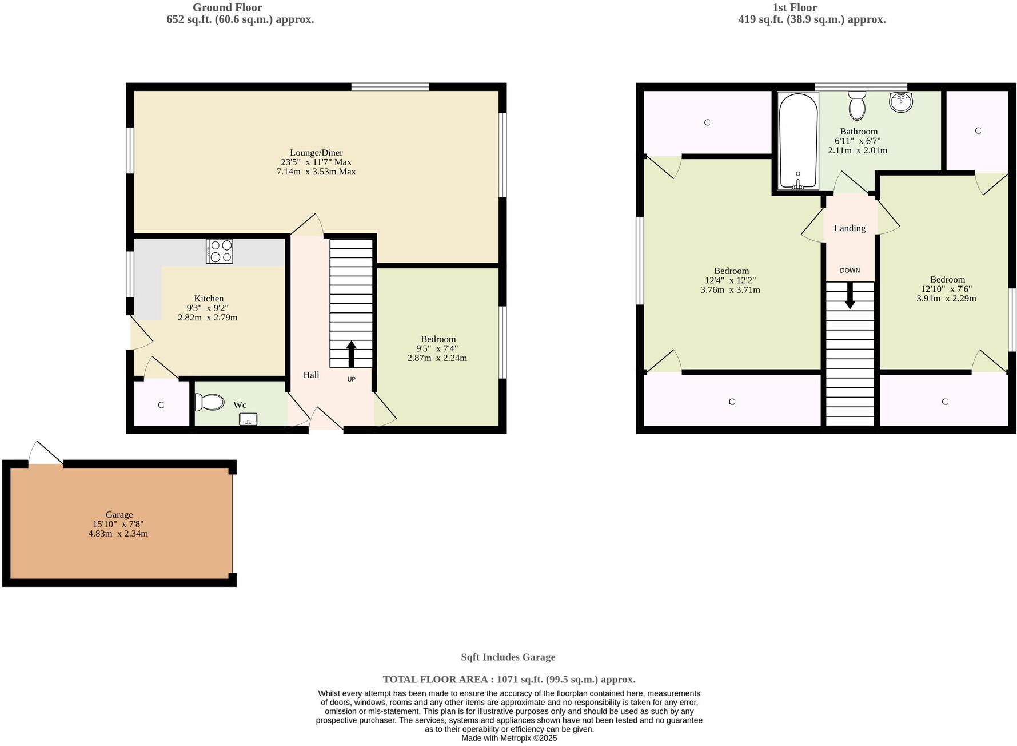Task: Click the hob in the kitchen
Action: click(x=220, y=251)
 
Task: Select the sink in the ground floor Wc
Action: click(x=248, y=419)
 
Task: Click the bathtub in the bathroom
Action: click(x=798, y=140)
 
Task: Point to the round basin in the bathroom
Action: click(x=901, y=101)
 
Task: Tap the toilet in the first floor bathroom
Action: click(x=857, y=106)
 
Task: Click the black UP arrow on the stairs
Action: click(x=351, y=354)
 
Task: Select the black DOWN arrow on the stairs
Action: click(x=850, y=295)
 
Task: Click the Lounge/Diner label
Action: click(x=316, y=153)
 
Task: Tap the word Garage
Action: click(x=119, y=515)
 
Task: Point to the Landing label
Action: click(x=850, y=228)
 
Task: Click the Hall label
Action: click(x=311, y=375)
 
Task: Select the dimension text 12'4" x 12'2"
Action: click(x=731, y=280)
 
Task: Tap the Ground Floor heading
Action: click(x=227, y=7)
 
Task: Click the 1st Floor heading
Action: click(x=795, y=7)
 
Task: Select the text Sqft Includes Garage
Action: click(x=508, y=657)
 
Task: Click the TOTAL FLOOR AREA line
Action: click(x=509, y=680)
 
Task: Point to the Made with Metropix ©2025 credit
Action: click(x=509, y=738)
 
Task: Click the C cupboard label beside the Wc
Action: click(x=161, y=405)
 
